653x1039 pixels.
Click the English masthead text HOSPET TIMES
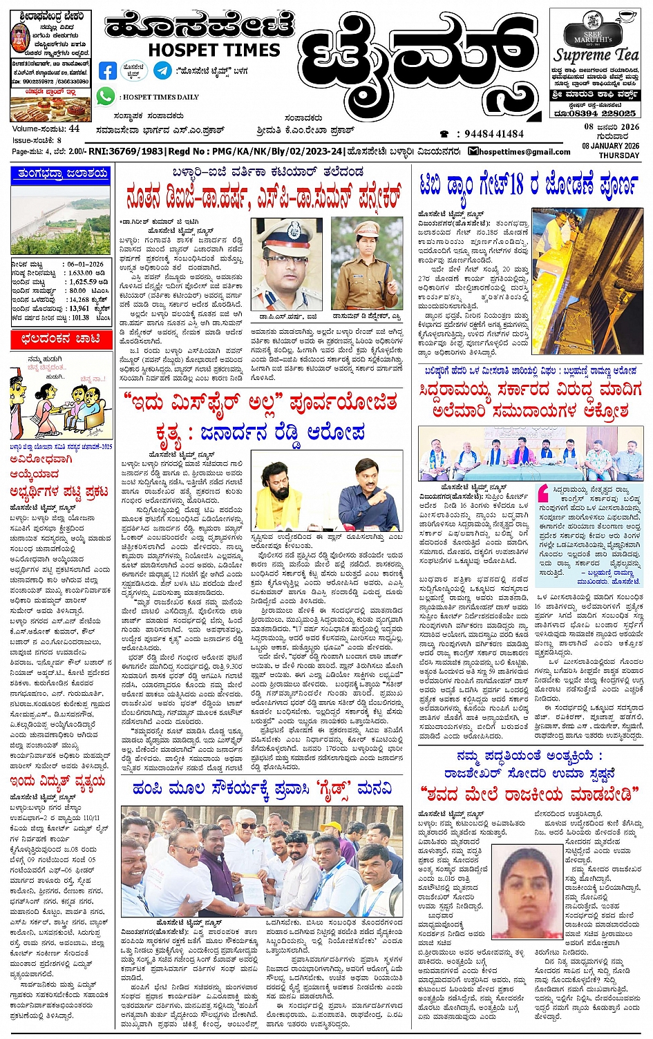click(214, 50)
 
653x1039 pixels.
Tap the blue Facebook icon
click(108, 70)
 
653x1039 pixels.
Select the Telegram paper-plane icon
click(163, 70)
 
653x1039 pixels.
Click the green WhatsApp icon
click(106, 96)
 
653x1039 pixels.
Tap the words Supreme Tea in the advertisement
click(596, 55)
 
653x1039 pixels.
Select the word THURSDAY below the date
click(618, 155)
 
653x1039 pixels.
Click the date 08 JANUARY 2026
click(611, 146)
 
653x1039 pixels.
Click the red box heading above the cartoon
click(61, 339)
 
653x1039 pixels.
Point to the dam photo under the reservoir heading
click(61, 219)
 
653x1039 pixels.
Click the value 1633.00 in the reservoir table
click(80, 273)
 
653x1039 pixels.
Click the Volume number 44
click(74, 128)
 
